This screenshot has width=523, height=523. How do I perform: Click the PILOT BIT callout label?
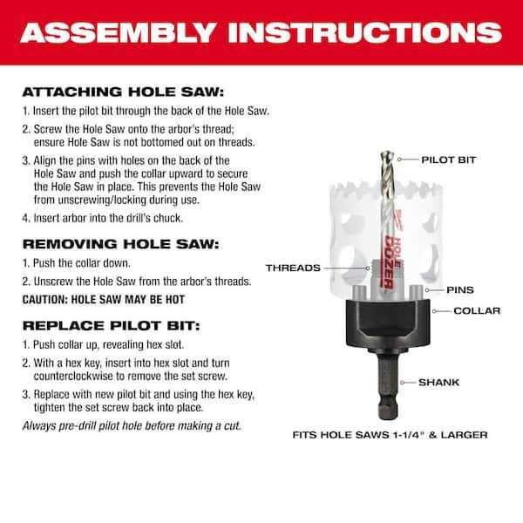(x=448, y=160)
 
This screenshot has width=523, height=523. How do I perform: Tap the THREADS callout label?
(x=293, y=268)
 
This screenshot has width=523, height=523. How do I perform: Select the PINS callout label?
(x=460, y=290)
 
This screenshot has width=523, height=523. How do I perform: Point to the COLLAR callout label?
(x=477, y=311)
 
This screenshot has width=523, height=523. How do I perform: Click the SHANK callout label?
(x=439, y=383)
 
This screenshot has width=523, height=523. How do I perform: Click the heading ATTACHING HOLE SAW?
(x=123, y=92)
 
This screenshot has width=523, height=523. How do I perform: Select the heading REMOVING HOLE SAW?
(x=121, y=244)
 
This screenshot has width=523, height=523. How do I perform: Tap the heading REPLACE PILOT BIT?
(x=111, y=325)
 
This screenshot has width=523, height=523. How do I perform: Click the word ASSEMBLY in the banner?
(x=118, y=33)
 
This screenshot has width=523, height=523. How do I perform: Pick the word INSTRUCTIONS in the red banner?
(x=365, y=33)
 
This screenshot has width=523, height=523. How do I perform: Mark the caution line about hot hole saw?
(x=104, y=300)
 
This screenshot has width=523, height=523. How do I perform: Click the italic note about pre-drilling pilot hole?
(x=132, y=426)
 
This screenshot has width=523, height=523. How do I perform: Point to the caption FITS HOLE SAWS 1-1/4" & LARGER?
(x=390, y=435)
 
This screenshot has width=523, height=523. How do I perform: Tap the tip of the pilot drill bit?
(x=387, y=153)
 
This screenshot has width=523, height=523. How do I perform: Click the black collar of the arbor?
(x=388, y=322)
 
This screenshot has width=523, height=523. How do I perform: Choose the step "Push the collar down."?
(x=77, y=263)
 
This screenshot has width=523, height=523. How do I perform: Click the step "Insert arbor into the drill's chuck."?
(x=103, y=218)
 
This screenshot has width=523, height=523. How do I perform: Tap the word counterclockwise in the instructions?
(x=73, y=377)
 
